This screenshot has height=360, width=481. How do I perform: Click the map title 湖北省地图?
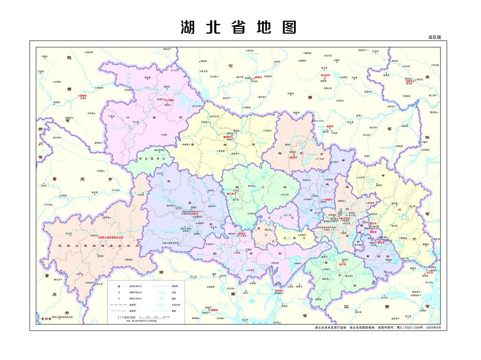point(239,27)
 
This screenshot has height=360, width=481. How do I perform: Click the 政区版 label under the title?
point(434,37)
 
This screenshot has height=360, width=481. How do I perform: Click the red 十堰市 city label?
point(169,100)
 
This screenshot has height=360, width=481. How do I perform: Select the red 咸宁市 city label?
point(342,265)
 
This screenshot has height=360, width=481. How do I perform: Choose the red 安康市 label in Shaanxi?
point(84,95)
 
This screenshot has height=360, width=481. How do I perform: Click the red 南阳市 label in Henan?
point(258,78)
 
